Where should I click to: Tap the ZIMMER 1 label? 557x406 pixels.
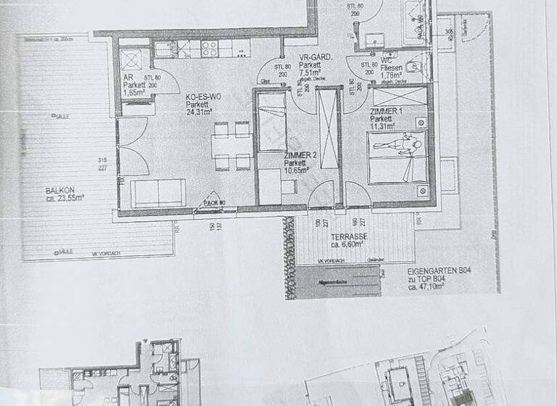385,110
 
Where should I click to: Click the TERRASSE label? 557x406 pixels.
349,236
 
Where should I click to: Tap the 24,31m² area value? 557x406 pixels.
202,112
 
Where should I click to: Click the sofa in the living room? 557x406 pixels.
158,194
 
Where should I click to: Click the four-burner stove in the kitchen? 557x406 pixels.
210,49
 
